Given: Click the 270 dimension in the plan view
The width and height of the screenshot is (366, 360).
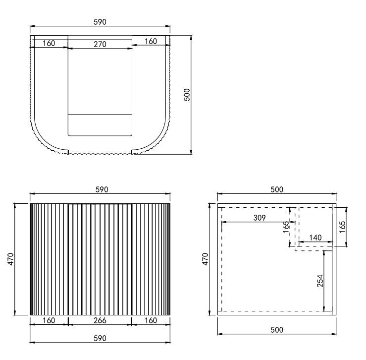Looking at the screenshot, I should [x=100, y=44].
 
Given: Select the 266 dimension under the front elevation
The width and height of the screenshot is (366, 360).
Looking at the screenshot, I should [x=100, y=320].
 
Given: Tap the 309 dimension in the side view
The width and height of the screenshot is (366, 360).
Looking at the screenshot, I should [x=259, y=218].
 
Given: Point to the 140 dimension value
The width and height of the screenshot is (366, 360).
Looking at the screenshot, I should [x=315, y=238].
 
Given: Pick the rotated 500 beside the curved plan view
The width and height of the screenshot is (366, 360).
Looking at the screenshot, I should [x=187, y=94].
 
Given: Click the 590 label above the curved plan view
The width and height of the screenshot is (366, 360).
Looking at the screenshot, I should [x=100, y=22].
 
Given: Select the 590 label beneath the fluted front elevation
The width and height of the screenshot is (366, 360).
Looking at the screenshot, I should [x=100, y=338].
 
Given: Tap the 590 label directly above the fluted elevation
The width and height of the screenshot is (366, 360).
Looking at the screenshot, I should [x=100, y=190].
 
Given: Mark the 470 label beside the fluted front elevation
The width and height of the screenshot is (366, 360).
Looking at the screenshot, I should [x=11, y=259].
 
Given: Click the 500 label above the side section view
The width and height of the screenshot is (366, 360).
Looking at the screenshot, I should [x=276, y=190].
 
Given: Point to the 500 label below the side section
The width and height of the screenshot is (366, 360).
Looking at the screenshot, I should [x=276, y=329].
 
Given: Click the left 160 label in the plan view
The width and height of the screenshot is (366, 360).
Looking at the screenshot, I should [x=49, y=43].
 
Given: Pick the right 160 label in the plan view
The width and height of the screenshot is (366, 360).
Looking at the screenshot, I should [x=151, y=41].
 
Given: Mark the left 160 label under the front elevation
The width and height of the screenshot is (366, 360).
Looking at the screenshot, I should [x=49, y=320].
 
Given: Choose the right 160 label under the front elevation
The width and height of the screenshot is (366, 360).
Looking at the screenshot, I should [x=151, y=320].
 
